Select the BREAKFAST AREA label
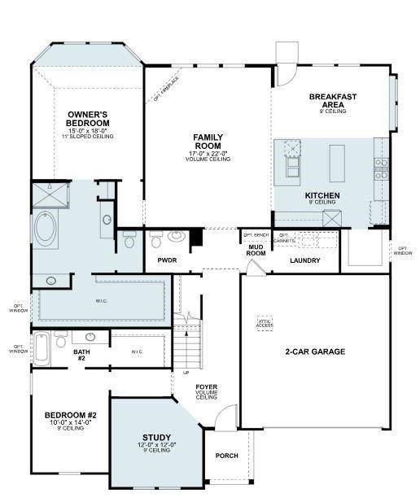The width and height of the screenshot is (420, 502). (333, 101)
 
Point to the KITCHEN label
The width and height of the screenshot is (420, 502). (322, 195)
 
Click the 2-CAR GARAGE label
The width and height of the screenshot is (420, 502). (315, 351)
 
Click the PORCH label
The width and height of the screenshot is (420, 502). (226, 456)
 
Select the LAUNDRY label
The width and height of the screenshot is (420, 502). (304, 260)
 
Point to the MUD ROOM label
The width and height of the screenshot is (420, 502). (256, 249)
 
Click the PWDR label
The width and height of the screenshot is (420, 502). (167, 260)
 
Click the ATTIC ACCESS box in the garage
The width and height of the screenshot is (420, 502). (265, 323)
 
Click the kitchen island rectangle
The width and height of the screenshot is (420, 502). (337, 163)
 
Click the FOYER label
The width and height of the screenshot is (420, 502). (206, 386)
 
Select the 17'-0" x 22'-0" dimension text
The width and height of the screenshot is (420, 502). (208, 152)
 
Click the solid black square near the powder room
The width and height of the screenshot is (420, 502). (195, 238)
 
